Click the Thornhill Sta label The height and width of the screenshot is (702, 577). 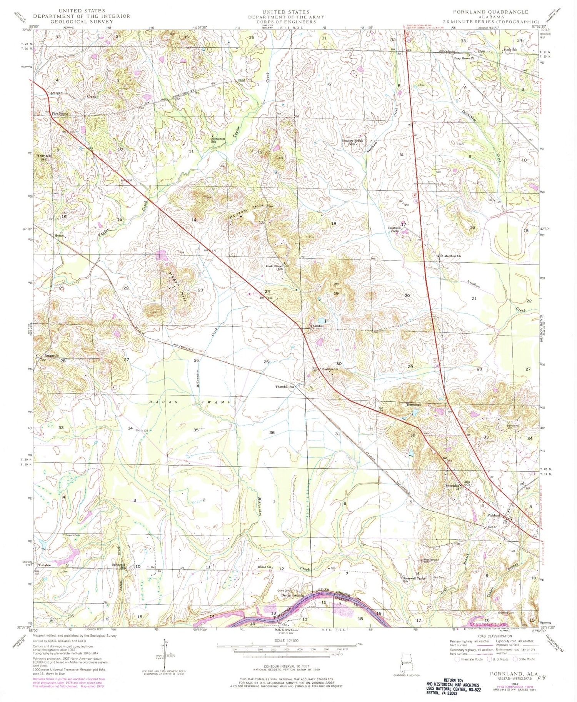pos(284,387)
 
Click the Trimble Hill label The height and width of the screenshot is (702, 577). pos(43,158)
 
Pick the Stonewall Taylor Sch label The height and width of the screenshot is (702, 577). pos(414,579)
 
